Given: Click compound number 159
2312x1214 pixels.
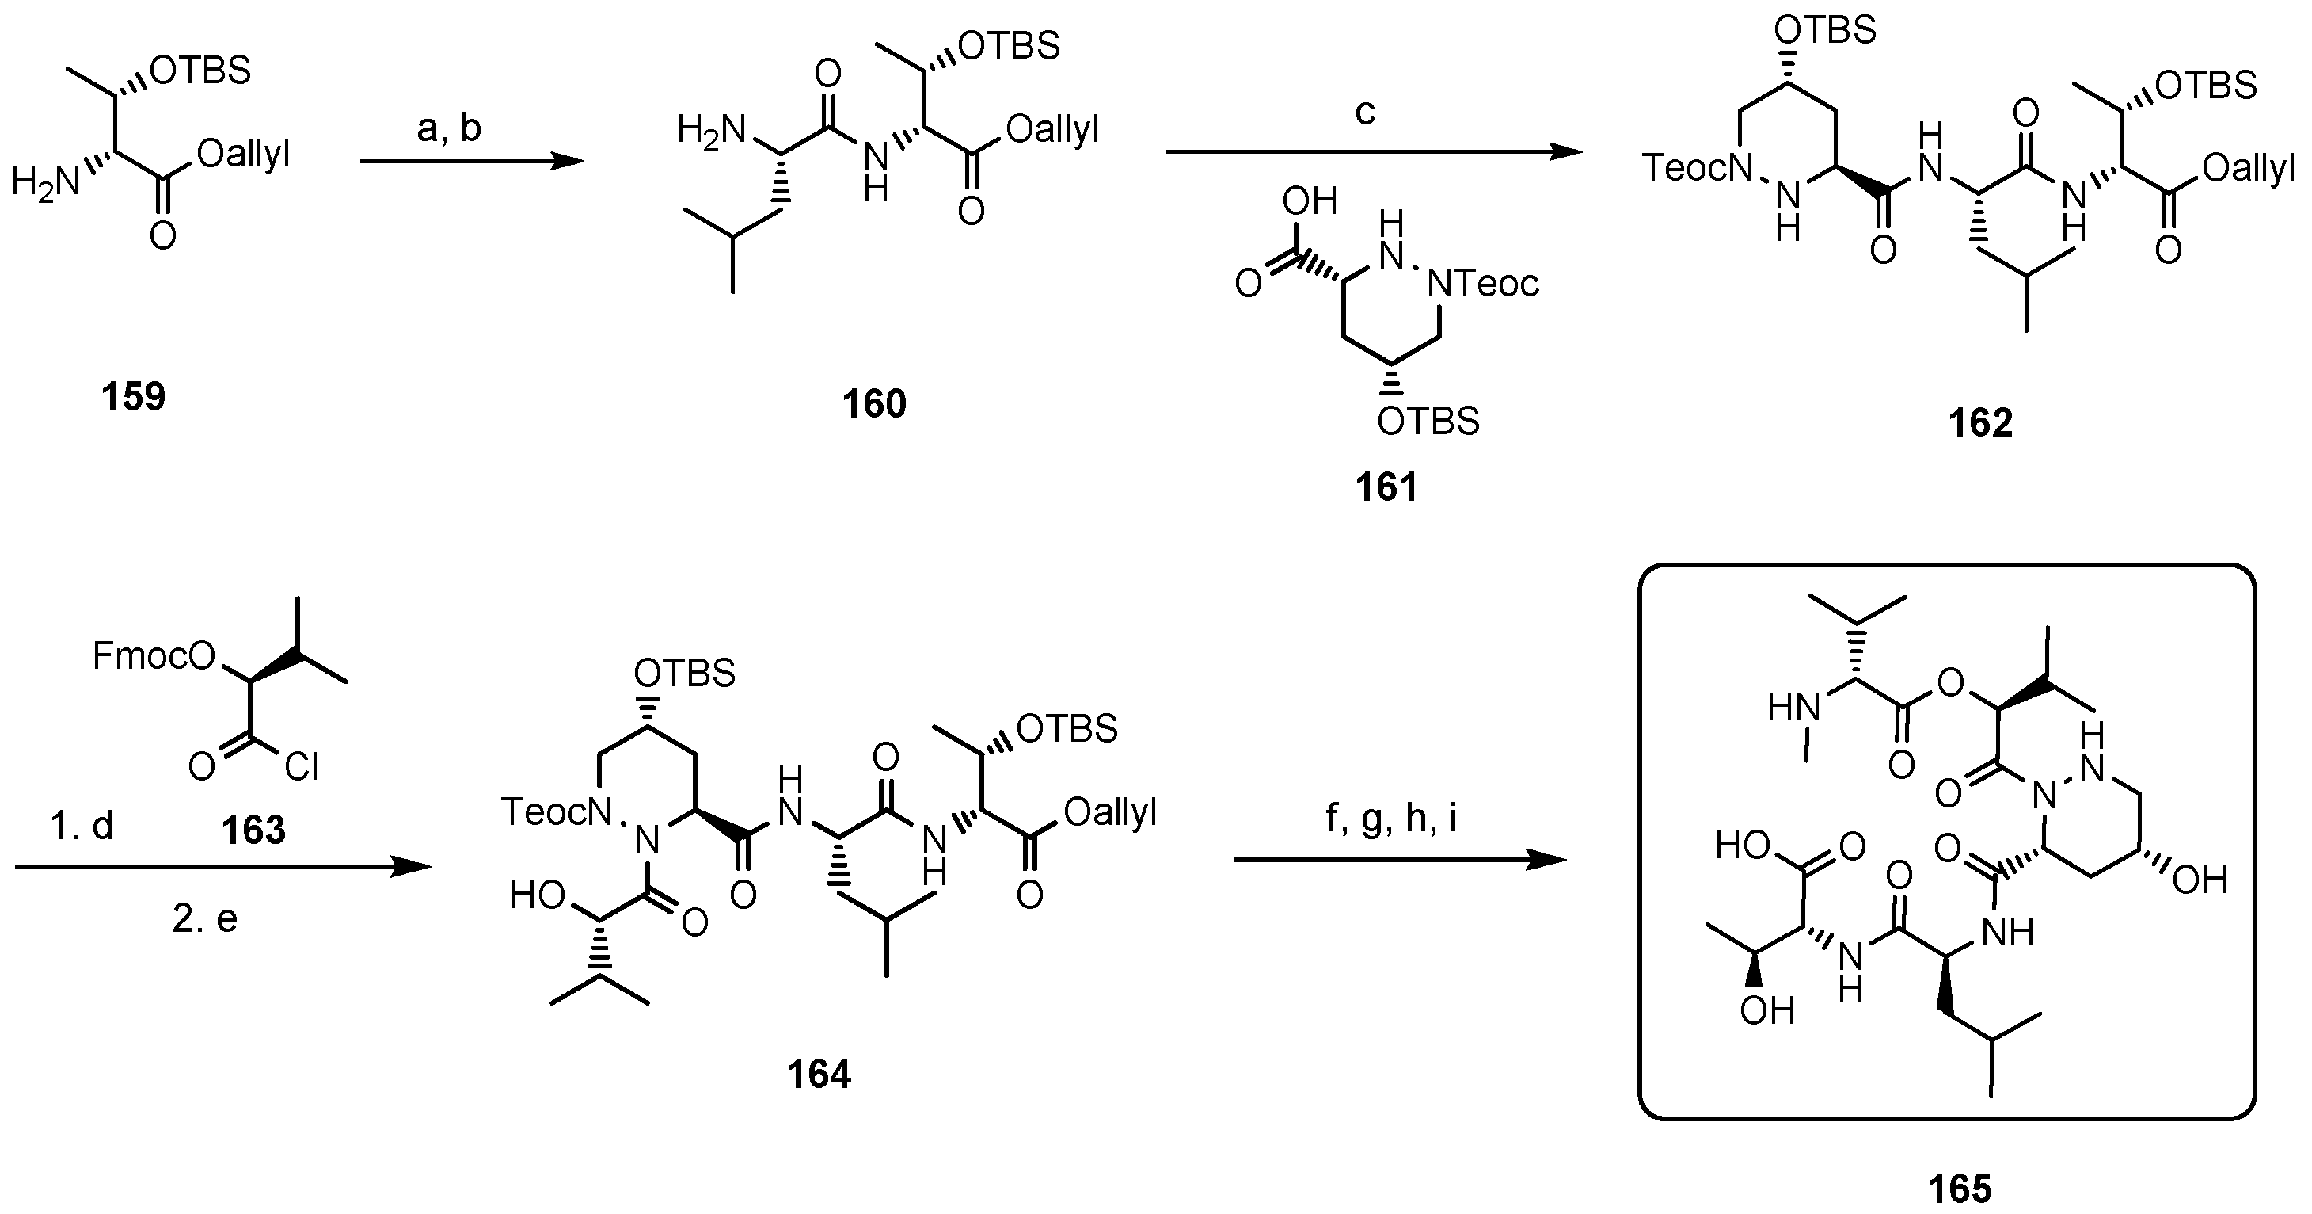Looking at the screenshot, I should pyautogui.click(x=133, y=396).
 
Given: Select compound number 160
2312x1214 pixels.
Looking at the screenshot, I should pyautogui.click(x=873, y=404).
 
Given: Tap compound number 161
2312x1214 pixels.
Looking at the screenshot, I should pyautogui.click(x=1386, y=487).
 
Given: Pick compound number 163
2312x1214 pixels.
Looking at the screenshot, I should pyautogui.click(x=254, y=830).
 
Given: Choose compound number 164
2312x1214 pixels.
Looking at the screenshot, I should pyautogui.click(x=819, y=1074).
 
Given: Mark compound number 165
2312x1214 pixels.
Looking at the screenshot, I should pyautogui.click(x=1960, y=1189).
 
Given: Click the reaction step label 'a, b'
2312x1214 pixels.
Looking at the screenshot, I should pyautogui.click(x=449, y=128).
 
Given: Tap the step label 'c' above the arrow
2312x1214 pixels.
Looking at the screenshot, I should pyautogui.click(x=1364, y=113).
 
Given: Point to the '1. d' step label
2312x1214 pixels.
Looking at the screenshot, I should pyautogui.click(x=82, y=825).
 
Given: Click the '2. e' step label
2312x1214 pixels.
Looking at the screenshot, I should pyautogui.click(x=204, y=918).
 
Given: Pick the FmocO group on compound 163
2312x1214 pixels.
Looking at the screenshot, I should pyautogui.click(x=154, y=656).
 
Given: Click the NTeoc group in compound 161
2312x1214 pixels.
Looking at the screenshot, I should pyautogui.click(x=1483, y=284).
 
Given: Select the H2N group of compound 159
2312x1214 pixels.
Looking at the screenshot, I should pyautogui.click(x=45, y=184).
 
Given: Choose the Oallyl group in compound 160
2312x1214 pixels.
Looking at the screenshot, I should pyautogui.click(x=1052, y=130).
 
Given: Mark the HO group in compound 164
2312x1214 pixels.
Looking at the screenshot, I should pyautogui.click(x=538, y=895).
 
